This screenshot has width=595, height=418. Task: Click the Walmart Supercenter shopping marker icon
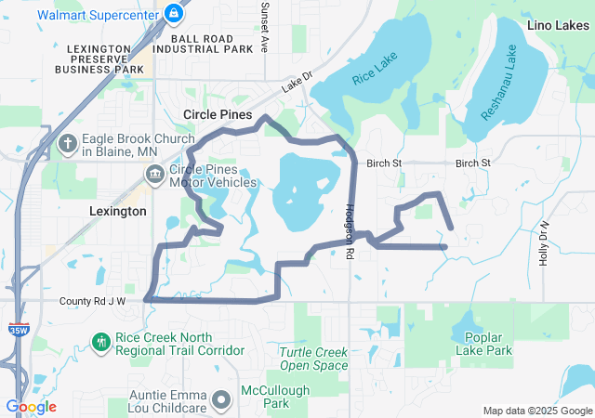pos(173,12)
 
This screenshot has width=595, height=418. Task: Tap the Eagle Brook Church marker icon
pos(68,144)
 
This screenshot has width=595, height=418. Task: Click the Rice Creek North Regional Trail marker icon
pos(101,343)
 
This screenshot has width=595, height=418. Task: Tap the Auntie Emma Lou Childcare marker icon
pos(221,399)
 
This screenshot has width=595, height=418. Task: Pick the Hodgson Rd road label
pos(350,231)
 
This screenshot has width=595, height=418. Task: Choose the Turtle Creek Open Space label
pos(314,359)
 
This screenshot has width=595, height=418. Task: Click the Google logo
pos(31,406)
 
